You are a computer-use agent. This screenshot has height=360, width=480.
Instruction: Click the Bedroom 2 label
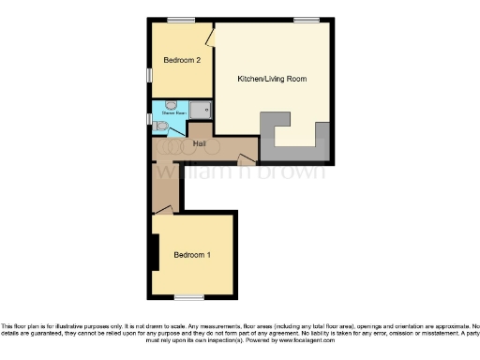point(182,60)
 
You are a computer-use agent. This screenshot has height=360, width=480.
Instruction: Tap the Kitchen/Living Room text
point(272,79)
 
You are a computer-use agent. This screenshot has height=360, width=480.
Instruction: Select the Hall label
point(200,144)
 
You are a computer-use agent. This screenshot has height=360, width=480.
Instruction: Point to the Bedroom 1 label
point(192,255)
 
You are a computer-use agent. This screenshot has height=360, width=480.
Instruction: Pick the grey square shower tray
point(202,110)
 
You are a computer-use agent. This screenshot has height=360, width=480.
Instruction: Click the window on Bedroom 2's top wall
point(181,20)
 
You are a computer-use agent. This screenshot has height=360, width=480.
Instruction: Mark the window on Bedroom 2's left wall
point(150,74)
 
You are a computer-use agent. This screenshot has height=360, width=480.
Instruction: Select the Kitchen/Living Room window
point(306,20)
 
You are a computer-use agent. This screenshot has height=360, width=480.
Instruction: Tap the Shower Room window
point(150,118)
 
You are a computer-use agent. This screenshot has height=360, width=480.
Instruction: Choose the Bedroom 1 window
point(190,297)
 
